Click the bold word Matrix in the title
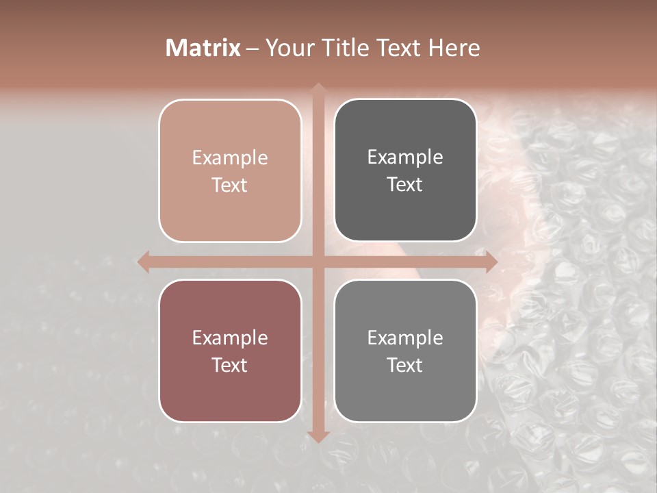tap(203, 48)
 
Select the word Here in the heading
tap(454, 48)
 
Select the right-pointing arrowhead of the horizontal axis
tap(491, 262)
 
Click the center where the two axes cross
tap(318, 262)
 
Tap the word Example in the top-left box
tap(230, 158)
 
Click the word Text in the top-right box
tap(405, 185)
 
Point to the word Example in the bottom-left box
tap(230, 338)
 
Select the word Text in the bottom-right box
tap(405, 365)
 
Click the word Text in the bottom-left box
tap(230, 365)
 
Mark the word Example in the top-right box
tap(405, 157)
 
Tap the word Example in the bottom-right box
tap(405, 338)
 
